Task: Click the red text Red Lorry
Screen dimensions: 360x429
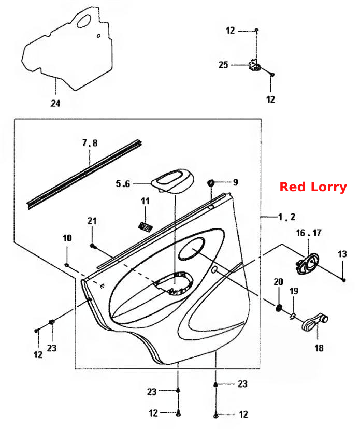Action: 313,187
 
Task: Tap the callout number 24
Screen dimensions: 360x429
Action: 55,103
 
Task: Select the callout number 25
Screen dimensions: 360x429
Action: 223,65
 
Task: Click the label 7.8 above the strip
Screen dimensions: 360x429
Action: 90,143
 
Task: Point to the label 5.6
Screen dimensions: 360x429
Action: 123,183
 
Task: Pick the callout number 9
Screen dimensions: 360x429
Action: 236,182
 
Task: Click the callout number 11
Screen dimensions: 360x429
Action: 145,201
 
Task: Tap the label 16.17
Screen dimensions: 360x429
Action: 309,233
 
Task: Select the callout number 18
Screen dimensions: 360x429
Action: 319,348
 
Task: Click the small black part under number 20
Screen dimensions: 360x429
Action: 279,308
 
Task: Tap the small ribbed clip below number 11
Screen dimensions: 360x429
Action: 145,227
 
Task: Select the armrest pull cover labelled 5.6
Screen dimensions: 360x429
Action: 172,181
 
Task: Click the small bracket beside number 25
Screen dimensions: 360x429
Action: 254,65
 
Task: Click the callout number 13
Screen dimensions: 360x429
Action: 342,254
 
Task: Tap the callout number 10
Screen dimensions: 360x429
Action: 67,238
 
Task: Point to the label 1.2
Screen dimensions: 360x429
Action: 286,217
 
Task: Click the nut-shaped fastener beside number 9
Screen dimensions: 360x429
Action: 211,182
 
